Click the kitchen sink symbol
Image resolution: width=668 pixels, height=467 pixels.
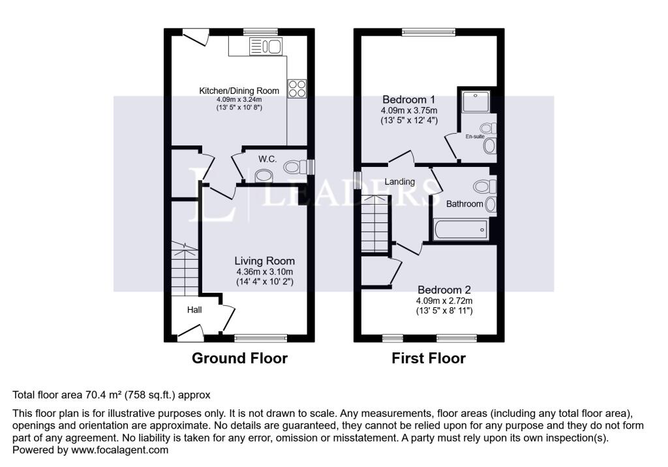point(266,46)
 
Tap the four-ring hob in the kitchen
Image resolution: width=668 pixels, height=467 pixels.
point(297,89)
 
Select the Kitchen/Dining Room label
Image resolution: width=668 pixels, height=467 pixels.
point(239,91)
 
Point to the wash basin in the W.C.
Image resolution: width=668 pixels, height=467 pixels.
point(264,175)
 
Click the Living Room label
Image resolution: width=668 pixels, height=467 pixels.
point(265,261)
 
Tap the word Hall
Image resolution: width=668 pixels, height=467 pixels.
point(194,310)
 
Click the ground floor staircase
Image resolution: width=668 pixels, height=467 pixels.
point(185,269)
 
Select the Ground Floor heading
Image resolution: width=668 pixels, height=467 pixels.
point(239,358)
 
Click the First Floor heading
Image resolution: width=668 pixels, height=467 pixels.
point(429,358)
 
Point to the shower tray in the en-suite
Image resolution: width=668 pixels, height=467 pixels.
point(476,101)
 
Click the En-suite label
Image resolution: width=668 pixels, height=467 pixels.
point(475,136)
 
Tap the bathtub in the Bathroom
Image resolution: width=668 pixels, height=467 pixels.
point(461,230)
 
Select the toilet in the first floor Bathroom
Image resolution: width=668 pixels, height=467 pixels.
point(485,187)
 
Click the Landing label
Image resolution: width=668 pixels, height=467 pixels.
point(400,182)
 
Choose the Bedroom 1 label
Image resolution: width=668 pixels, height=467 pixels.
point(408,100)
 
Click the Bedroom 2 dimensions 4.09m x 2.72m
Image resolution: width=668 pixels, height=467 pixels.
point(444,301)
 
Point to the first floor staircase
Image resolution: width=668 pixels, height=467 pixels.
point(375,224)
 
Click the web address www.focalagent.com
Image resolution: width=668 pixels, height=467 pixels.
point(120,450)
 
